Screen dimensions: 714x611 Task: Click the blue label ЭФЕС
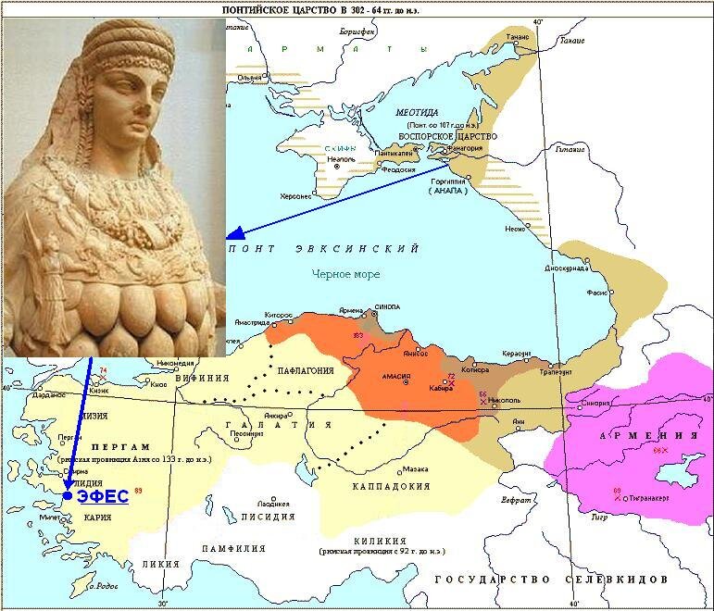pyautogui.click(x=103, y=496)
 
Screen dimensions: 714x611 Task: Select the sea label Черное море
pyautogui.click(x=347, y=274)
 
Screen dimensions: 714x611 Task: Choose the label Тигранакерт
pyautogui.click(x=649, y=497)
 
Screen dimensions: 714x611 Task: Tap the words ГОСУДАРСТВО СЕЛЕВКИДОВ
pyautogui.click(x=551, y=578)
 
